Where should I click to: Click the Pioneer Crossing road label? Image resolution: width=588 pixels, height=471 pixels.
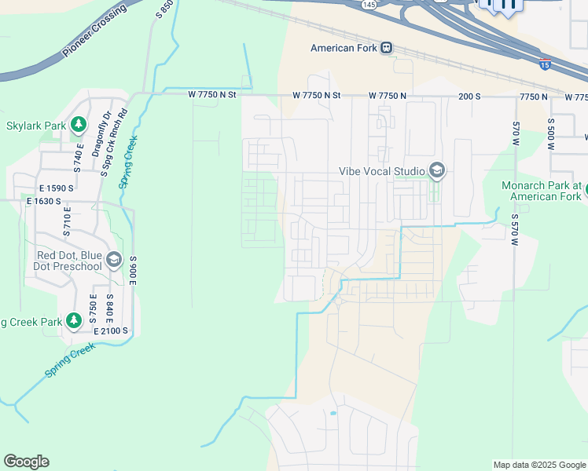click(94, 34)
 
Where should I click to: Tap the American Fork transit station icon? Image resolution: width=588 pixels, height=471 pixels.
click(386, 48)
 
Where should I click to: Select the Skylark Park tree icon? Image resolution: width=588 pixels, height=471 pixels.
click(78, 125)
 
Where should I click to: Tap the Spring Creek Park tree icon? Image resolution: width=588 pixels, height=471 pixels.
click(74, 320)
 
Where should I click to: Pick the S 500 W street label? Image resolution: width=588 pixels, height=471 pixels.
click(551, 134)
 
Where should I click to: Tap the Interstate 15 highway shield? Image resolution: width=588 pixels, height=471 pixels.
click(545, 64)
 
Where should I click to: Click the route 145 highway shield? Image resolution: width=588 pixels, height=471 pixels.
click(369, 5)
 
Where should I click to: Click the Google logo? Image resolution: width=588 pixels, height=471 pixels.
click(26, 462)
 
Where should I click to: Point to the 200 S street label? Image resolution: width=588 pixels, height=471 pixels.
click(469, 96)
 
